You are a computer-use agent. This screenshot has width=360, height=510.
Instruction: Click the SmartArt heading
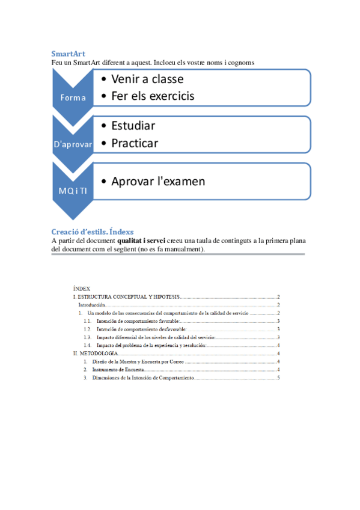pos(67,54)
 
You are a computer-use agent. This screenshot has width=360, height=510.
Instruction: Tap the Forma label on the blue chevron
pos(73,98)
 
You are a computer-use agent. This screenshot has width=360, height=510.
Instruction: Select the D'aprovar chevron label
pos(73,145)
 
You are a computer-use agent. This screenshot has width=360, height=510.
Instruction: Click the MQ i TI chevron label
pos(73,191)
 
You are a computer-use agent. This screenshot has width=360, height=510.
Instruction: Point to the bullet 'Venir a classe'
pos(147,79)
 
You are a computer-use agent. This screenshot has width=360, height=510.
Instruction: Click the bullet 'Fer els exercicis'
pos(153,96)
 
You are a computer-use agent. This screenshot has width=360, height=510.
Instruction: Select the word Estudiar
pos(133,126)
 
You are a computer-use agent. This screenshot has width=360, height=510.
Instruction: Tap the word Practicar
pos(135,143)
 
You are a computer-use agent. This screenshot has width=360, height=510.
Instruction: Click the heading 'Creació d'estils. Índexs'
pos(93,232)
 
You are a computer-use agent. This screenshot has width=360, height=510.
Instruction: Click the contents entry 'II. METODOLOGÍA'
pos(92,353)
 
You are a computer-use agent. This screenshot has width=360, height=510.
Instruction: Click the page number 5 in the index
pos(279,378)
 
